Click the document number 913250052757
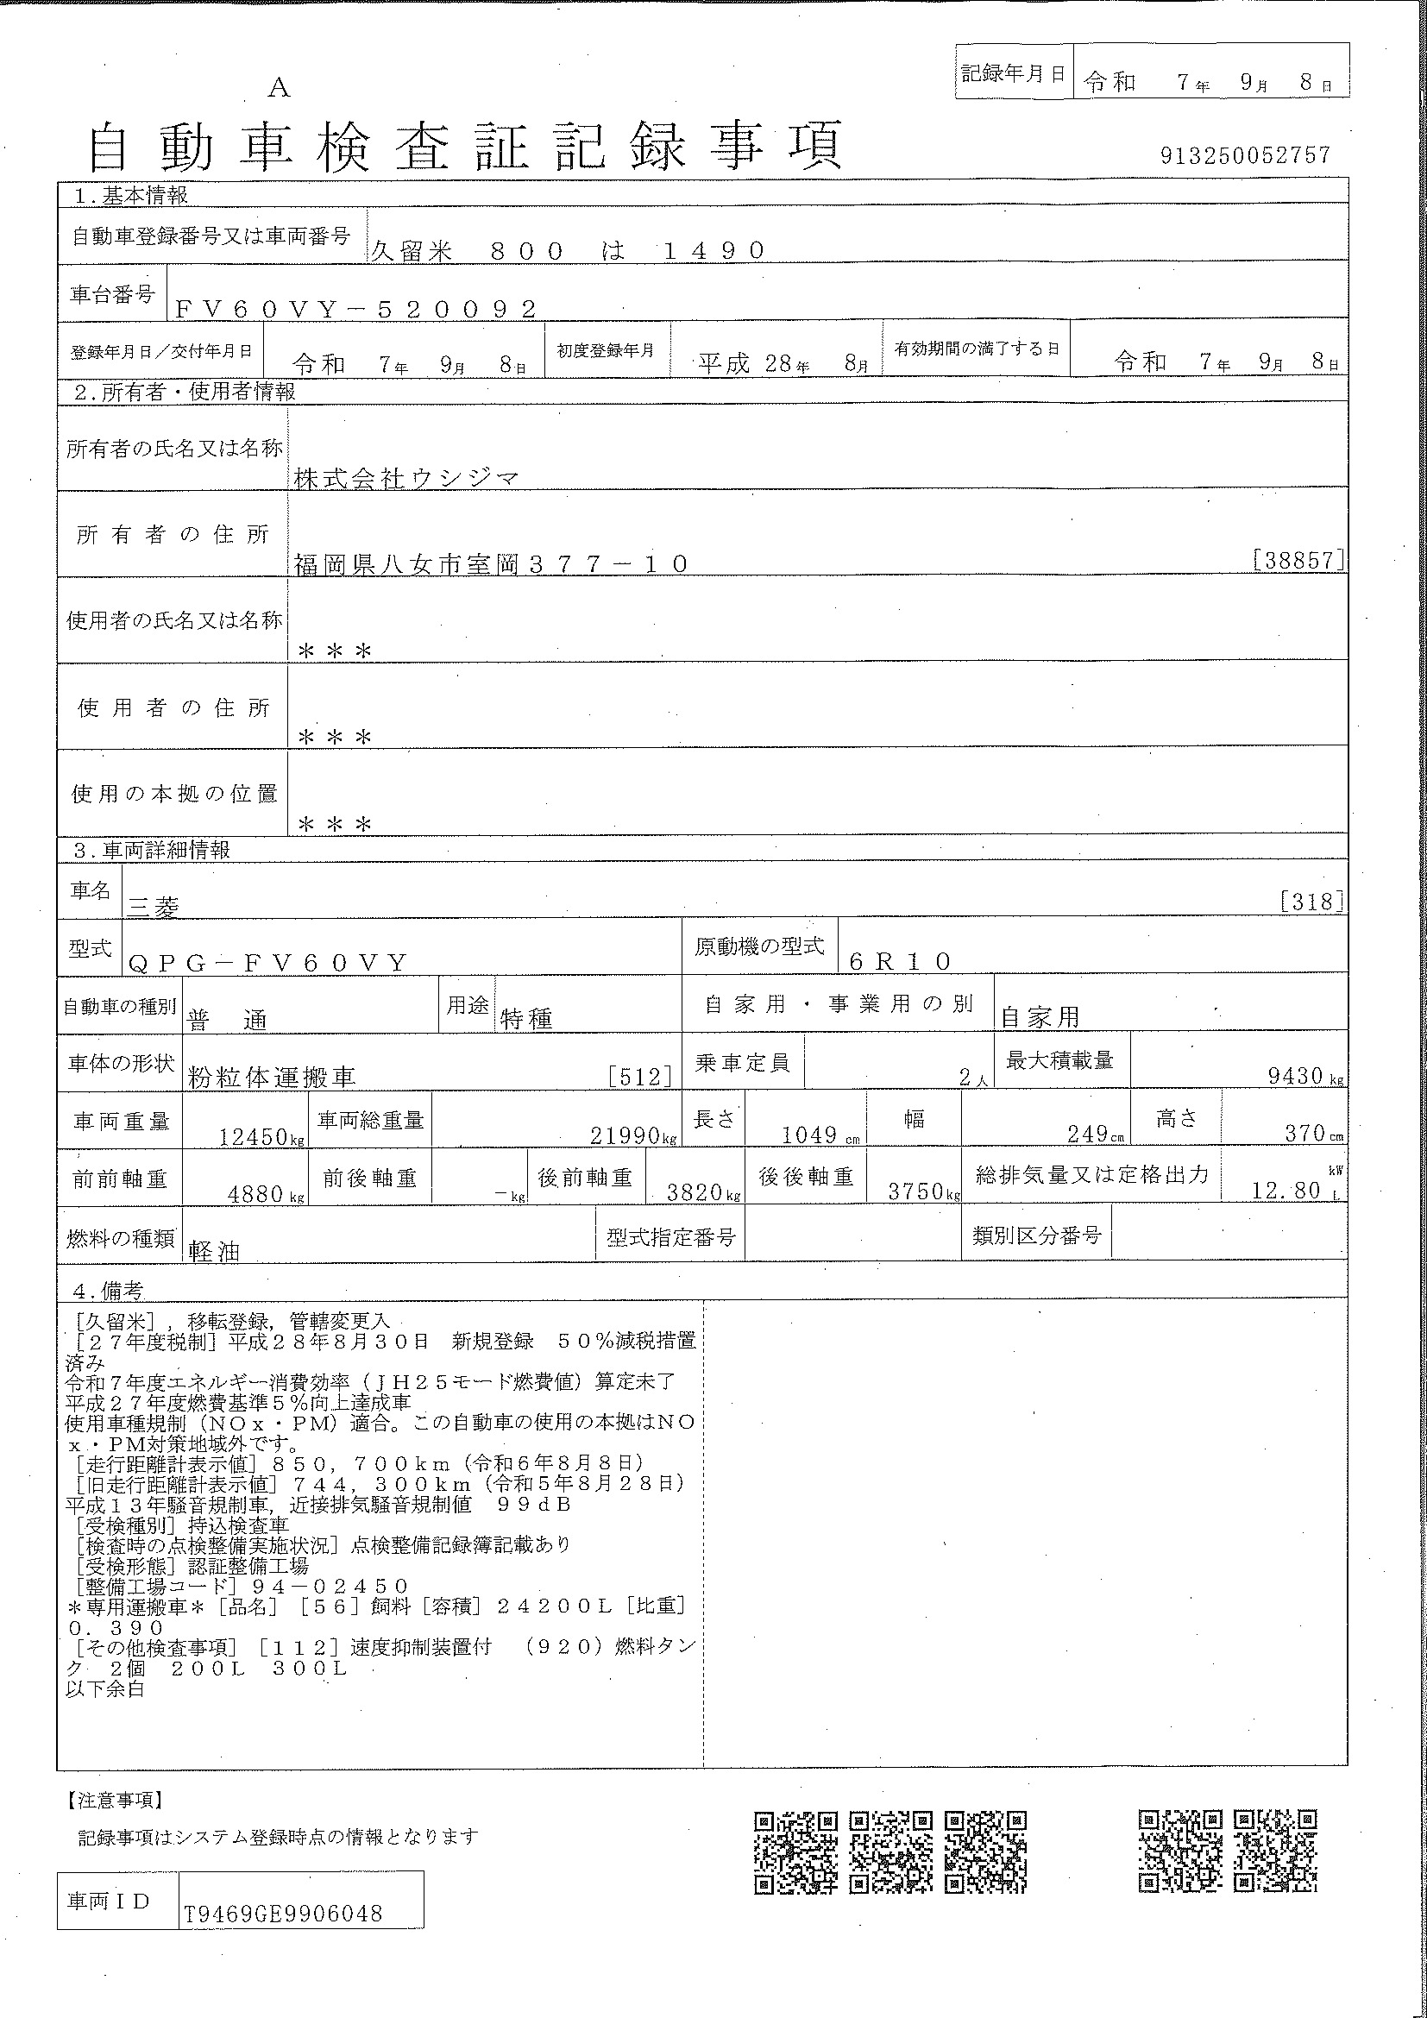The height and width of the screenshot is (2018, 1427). [x=1245, y=155]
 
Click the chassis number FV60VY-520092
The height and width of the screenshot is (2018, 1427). [x=355, y=309]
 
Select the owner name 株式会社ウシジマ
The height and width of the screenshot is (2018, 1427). [x=407, y=478]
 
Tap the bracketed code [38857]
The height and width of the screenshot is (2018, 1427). [x=1298, y=560]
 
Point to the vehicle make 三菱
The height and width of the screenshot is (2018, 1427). [x=154, y=907]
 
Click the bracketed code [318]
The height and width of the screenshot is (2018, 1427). [x=1312, y=901]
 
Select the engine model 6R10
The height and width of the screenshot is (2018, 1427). [x=901, y=960]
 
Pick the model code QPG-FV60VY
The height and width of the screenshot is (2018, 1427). [x=268, y=964]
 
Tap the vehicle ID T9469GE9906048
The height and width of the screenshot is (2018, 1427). [x=283, y=1914]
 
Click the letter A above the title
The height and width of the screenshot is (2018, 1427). [x=279, y=87]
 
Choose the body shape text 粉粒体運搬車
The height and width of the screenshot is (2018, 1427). [x=272, y=1077]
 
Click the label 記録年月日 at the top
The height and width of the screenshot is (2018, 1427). [x=1012, y=73]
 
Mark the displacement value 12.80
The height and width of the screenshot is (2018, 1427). [x=1286, y=1190]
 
